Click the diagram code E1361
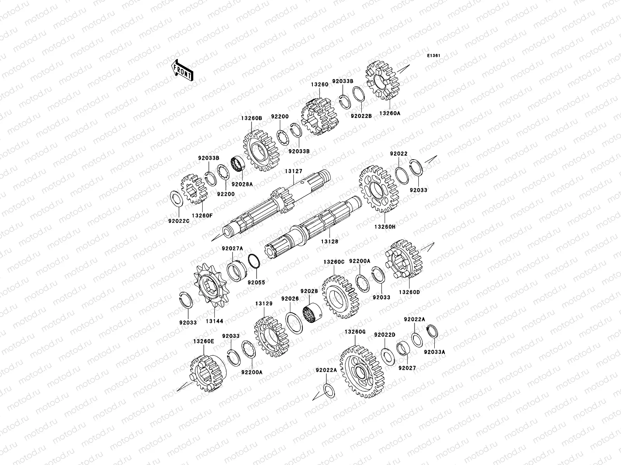(x=434, y=56)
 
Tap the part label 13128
(x=330, y=241)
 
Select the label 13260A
(x=390, y=114)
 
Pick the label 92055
(x=257, y=282)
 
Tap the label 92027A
(x=232, y=249)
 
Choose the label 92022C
(x=179, y=221)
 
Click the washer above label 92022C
(x=177, y=199)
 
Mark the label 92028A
(x=242, y=184)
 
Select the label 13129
(x=264, y=304)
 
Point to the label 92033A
(x=434, y=352)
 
